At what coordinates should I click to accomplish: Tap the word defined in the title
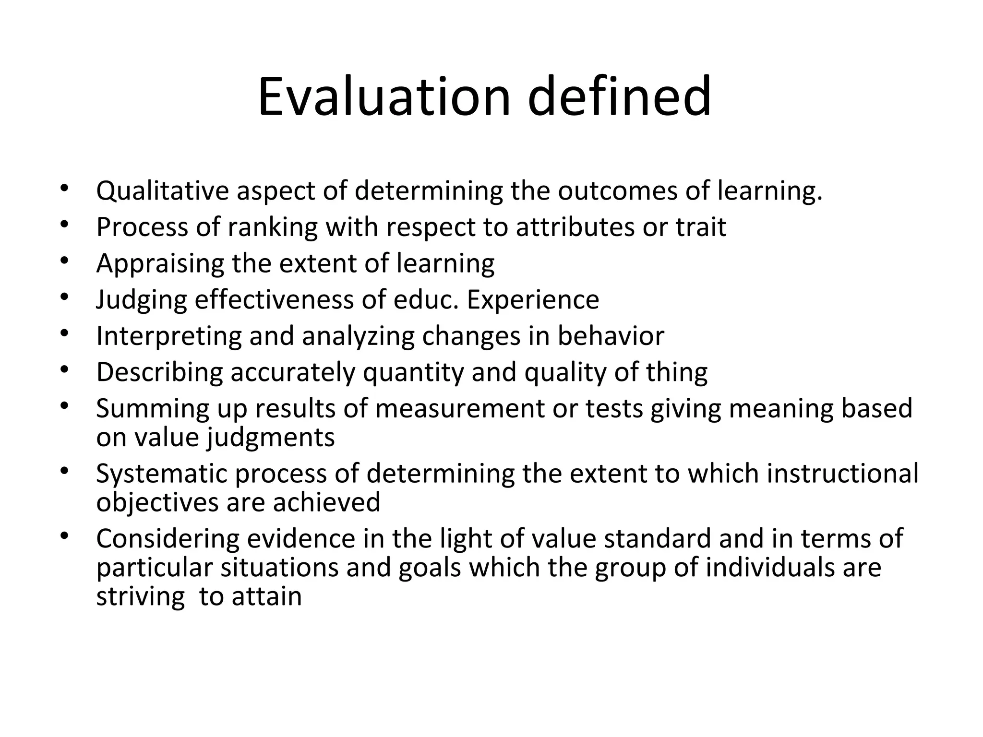click(x=619, y=97)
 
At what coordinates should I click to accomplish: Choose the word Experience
click(x=533, y=300)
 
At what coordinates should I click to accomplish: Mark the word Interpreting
click(x=169, y=336)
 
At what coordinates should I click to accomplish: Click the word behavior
click(x=611, y=336)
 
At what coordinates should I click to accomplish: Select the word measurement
click(x=460, y=409)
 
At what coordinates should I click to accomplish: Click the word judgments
click(x=271, y=438)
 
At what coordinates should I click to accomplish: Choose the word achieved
click(x=326, y=502)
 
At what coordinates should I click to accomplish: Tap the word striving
click(x=140, y=597)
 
